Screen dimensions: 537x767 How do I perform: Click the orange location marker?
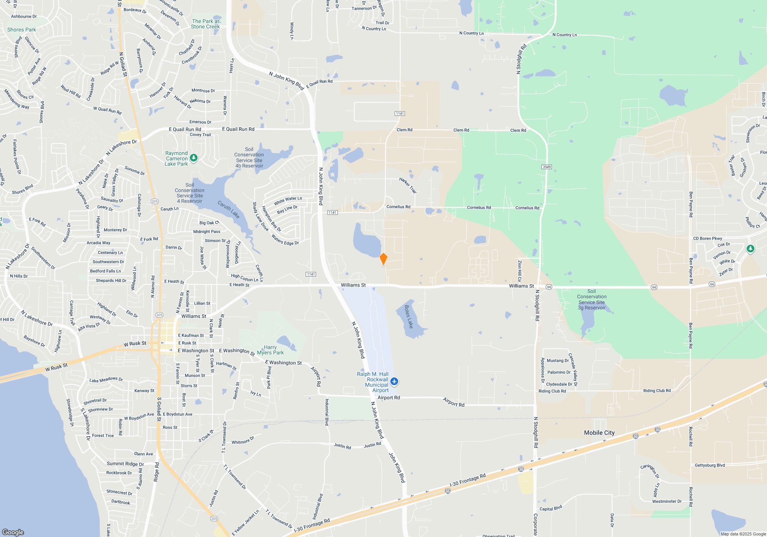click(x=383, y=259)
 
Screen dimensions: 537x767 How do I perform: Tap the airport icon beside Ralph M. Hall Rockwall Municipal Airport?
click(x=394, y=382)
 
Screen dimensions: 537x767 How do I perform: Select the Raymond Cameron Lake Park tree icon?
click(x=194, y=158)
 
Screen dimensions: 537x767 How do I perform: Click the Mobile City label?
click(x=599, y=433)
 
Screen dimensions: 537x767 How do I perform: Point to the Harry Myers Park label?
click(x=270, y=350)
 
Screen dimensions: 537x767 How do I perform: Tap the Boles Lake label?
click(x=409, y=317)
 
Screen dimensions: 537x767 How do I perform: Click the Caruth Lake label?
click(x=229, y=209)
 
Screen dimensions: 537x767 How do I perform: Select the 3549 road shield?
click(x=546, y=167)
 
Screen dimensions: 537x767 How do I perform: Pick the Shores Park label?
click(x=21, y=30)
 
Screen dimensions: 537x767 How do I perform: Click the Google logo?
click(x=13, y=532)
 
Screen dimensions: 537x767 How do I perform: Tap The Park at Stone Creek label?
click(x=206, y=24)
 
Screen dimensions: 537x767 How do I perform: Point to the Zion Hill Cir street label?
click(x=520, y=271)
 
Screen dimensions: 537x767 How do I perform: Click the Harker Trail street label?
click(x=408, y=185)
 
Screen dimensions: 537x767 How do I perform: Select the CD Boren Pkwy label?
click(x=707, y=238)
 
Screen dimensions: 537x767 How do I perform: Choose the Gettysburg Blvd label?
click(x=709, y=465)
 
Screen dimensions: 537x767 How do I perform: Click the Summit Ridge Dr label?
click(x=125, y=464)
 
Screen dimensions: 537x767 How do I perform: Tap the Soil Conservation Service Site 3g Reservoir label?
click(x=592, y=299)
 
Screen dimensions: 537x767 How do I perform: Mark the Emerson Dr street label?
click(x=200, y=122)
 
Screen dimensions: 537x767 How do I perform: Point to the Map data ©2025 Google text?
click(x=743, y=534)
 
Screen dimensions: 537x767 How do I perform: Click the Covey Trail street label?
click(x=200, y=135)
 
